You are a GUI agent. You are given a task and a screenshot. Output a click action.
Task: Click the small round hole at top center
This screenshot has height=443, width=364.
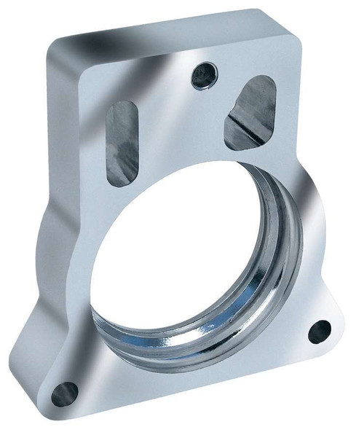click(x=202, y=74)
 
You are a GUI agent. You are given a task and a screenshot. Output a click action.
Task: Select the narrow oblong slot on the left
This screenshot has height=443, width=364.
click(x=122, y=140)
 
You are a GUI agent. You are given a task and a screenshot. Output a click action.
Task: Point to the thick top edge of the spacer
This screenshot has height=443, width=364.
click(x=175, y=29)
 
